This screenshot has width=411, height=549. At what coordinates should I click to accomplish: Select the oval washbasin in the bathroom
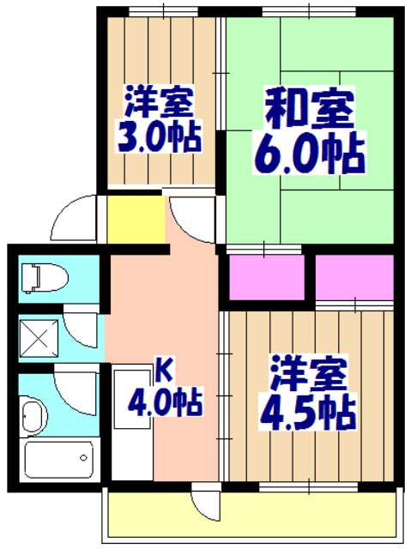click(32, 419)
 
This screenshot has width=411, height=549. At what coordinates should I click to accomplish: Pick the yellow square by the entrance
click(136, 220)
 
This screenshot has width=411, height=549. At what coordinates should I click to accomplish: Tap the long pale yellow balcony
click(252, 516)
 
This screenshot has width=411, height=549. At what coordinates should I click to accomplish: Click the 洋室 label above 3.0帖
click(160, 103)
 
